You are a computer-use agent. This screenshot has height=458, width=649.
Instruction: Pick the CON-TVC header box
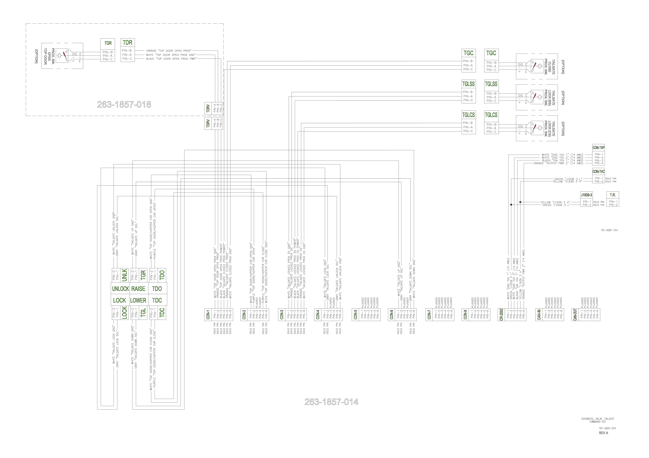point(598,171)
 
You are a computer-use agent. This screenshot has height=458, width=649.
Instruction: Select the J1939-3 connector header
point(587,195)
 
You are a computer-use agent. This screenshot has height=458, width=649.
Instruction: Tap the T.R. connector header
point(613,195)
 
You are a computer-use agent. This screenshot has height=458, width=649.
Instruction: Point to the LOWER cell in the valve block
point(138,300)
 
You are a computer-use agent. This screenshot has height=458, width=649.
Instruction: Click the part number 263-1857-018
point(124,105)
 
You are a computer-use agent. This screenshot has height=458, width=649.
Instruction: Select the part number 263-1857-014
point(331,402)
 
